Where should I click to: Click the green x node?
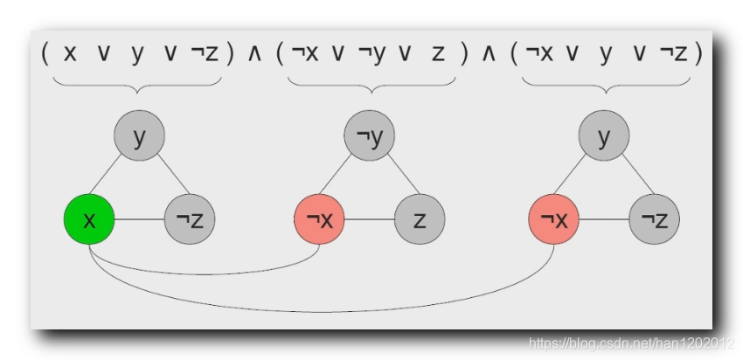point(89,218)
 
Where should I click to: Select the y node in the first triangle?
point(138,136)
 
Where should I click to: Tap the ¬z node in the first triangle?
point(189,218)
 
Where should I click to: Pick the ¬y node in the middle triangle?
point(370,136)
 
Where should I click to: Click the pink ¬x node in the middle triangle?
point(320,218)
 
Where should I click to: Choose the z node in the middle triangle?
point(420,218)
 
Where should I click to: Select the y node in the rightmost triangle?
point(604,136)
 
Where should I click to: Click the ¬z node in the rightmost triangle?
point(654,218)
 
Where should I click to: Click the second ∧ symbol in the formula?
point(489,54)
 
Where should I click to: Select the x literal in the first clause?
point(70,54)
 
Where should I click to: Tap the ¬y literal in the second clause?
point(371,54)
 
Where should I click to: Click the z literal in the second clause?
point(438,54)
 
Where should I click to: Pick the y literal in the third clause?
point(605,54)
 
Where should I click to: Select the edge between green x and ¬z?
point(139,218)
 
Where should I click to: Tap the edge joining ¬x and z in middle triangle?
point(370,218)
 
